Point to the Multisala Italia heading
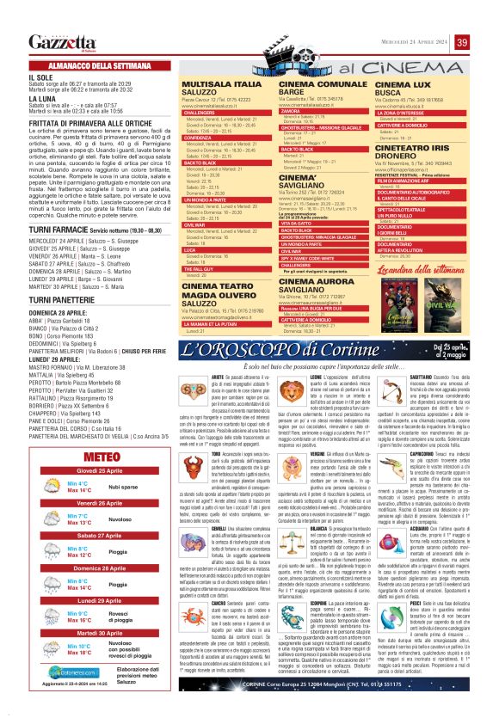pos(222,86)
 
